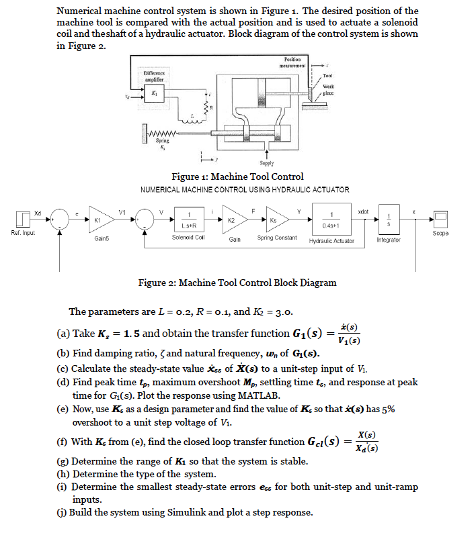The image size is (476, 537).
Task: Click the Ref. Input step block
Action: (23, 219)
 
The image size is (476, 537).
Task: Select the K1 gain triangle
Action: (100, 219)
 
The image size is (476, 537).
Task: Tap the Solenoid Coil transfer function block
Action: (189, 219)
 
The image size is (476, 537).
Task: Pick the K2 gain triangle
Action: (234, 219)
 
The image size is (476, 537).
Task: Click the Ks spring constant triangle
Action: (276, 219)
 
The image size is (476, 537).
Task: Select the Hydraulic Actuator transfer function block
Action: (331, 219)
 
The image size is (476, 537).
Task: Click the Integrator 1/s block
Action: (389, 219)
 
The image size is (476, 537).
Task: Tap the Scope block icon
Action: (440, 219)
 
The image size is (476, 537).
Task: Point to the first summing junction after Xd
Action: (60, 219)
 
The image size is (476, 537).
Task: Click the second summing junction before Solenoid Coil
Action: (145, 219)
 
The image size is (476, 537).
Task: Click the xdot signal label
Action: (363, 212)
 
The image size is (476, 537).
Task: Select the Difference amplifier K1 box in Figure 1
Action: (155, 93)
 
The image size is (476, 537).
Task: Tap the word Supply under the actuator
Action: (267, 163)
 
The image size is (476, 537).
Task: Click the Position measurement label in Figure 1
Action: (292, 62)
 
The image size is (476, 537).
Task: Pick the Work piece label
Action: (328, 90)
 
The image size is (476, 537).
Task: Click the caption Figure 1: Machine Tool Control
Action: (237, 177)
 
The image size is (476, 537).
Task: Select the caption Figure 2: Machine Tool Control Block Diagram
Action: (237, 283)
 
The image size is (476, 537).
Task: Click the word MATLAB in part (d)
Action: (259, 395)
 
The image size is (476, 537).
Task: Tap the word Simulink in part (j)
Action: (186, 512)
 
